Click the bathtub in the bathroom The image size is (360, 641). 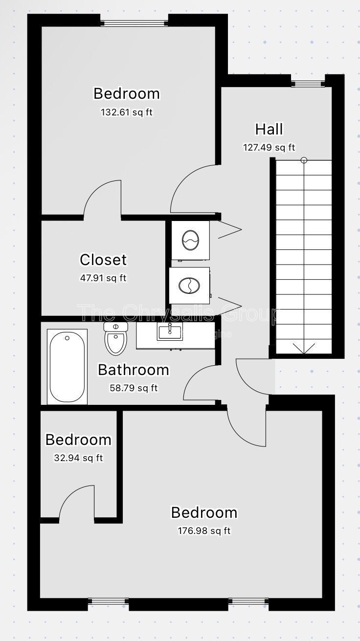[67, 366]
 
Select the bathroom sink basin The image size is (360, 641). [170, 332]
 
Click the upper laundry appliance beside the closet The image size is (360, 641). [190, 240]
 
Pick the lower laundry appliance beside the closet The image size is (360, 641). [189, 286]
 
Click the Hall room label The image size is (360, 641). [269, 129]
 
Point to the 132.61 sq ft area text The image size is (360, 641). [127, 112]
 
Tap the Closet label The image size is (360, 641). [103, 260]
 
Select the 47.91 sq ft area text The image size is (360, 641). [103, 278]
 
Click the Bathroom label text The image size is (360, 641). [134, 370]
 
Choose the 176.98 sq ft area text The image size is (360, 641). [204, 530]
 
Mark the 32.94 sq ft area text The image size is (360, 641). [78, 458]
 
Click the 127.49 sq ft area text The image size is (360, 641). [269, 147]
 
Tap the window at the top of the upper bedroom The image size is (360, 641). [134, 22]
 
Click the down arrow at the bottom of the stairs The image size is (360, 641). [304, 348]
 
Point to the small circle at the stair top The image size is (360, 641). [304, 160]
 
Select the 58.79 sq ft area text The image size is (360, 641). [134, 388]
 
